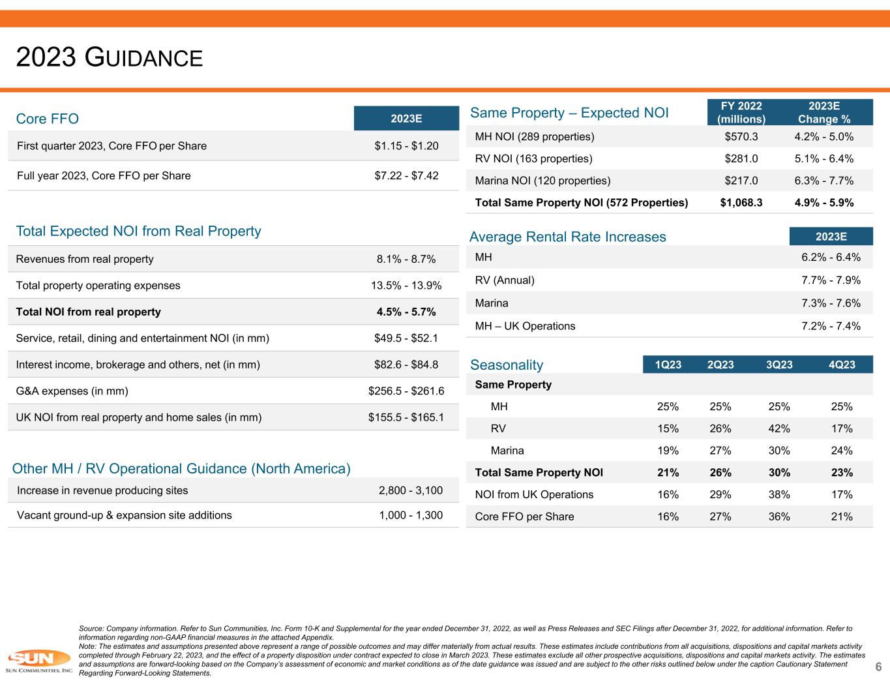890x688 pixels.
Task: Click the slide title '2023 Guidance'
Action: tap(110, 57)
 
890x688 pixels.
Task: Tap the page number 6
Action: tap(878, 667)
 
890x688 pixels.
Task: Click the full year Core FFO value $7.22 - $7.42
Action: tap(406, 175)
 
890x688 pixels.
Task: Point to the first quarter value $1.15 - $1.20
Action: tap(406, 146)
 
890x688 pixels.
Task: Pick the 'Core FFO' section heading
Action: tap(47, 119)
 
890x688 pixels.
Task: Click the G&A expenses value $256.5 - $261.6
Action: tap(406, 391)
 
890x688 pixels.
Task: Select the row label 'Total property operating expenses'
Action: tap(98, 286)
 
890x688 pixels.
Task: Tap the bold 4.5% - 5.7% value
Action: tap(406, 312)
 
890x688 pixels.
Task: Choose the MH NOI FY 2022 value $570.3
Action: tap(741, 136)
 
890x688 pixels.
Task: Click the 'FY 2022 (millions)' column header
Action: tap(741, 113)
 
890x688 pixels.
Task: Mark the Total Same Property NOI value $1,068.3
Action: tap(741, 203)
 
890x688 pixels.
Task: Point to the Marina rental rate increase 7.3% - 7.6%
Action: tap(831, 303)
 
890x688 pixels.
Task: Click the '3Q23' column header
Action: tap(779, 365)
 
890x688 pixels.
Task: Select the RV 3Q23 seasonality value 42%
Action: tap(779, 428)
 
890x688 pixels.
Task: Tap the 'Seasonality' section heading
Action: tap(507, 365)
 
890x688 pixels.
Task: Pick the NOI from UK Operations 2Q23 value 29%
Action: tap(720, 495)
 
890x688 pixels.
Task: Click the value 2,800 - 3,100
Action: tap(411, 490)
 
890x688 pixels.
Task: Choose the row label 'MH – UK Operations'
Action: tap(525, 326)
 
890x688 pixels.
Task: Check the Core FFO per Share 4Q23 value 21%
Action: tap(842, 517)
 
